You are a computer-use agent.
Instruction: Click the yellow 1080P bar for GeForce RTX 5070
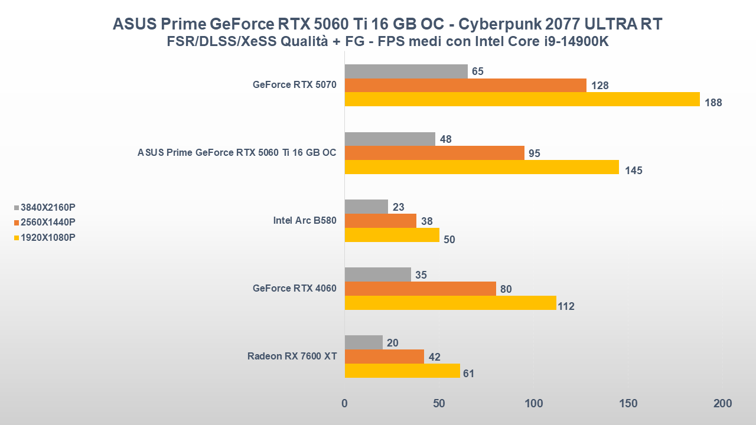tap(522, 99)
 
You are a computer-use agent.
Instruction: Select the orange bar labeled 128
tap(465, 86)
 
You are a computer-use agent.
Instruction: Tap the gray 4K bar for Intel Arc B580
tap(366, 207)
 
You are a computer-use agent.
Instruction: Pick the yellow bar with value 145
tap(481, 167)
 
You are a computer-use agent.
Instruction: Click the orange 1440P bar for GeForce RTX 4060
tap(420, 289)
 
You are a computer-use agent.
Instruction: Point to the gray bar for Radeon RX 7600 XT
tap(363, 342)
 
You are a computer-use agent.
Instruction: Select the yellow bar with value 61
tap(402, 371)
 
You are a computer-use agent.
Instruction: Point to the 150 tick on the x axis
tap(628, 404)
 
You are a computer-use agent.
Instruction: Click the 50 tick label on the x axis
tap(438, 404)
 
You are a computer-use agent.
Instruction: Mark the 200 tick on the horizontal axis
tap(722, 404)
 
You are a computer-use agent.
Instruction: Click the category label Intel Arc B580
tap(304, 221)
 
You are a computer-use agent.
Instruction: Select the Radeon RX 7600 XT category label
tap(292, 357)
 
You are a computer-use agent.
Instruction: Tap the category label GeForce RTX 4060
tap(294, 289)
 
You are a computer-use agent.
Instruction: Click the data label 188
tap(713, 103)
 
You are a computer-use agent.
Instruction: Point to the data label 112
tap(566, 306)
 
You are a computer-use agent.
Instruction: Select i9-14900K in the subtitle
tap(572, 42)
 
